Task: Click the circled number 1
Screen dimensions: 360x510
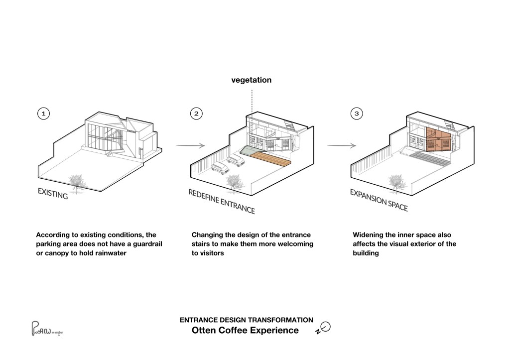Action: [x=44, y=114]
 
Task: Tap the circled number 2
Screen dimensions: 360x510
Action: [x=197, y=114]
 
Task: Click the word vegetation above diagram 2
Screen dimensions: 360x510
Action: [x=252, y=80]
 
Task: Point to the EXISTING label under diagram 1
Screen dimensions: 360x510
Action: [x=52, y=194]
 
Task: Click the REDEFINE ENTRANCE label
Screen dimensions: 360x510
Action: [x=221, y=201]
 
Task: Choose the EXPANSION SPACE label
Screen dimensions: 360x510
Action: [x=379, y=200]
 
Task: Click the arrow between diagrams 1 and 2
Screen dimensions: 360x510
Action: [x=191, y=146]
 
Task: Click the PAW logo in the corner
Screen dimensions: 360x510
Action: [x=47, y=330]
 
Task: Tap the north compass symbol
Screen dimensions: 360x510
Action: [x=324, y=328]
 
